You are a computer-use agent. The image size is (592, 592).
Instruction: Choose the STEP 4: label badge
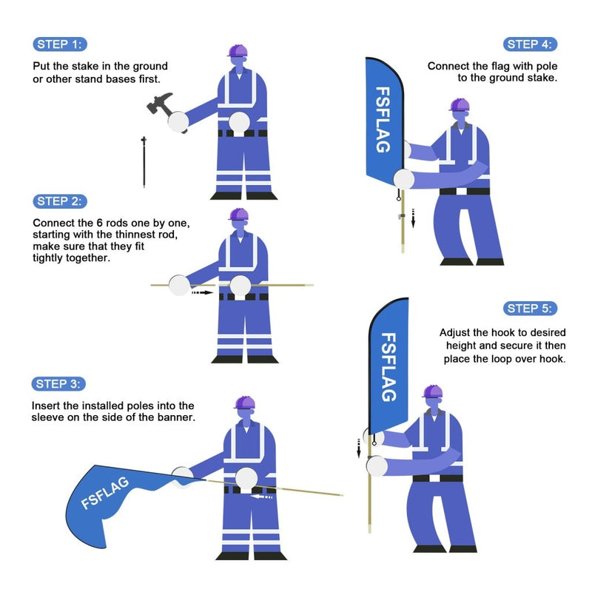click(531, 44)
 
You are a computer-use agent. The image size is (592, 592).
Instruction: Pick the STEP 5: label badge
click(531, 308)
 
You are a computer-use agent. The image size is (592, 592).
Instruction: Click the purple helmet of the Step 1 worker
click(238, 51)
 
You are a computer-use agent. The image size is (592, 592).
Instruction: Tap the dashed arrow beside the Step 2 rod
click(201, 293)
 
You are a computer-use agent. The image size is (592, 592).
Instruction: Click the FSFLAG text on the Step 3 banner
click(105, 493)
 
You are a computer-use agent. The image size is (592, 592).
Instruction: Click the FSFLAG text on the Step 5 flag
click(388, 366)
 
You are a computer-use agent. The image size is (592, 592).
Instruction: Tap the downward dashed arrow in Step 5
click(359, 448)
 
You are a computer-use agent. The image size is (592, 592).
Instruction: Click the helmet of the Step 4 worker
click(459, 105)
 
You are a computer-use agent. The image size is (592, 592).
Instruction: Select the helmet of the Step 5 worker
click(432, 391)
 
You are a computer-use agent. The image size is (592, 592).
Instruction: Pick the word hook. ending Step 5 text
click(551, 359)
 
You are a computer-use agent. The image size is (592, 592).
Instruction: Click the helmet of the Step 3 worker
click(244, 403)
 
